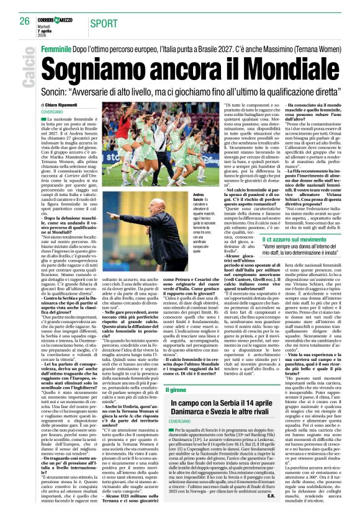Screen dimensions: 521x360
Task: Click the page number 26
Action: pyautogui.click(x=24, y=22)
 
